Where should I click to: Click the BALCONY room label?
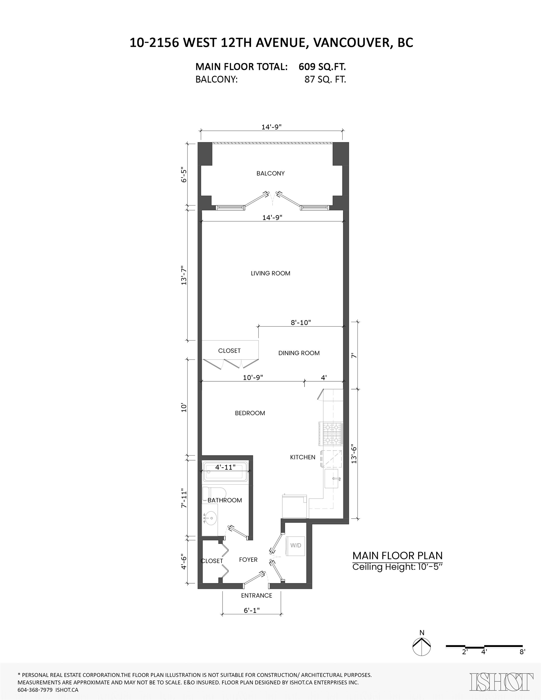point(270,173)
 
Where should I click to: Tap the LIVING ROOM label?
point(270,273)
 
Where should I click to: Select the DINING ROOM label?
point(299,353)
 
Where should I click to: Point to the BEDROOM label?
point(250,413)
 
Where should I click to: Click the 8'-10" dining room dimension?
point(301,322)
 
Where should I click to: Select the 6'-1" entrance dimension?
point(252,611)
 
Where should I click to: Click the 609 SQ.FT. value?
point(322,67)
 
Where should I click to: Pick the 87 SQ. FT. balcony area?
point(325,80)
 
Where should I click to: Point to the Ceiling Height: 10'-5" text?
point(397,567)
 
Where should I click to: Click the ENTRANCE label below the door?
point(257,595)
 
